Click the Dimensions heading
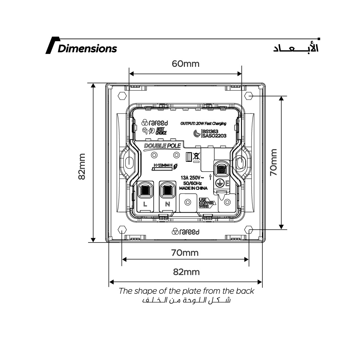pos(87,48)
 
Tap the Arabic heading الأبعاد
pos(296,49)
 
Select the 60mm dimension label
pos(186,64)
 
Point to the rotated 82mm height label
pos(82,166)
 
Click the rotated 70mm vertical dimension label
pos(274,163)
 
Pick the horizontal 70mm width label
pos(185,252)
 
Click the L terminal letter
pos(145,204)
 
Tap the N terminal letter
pos(167,204)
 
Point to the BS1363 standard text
pos(210,131)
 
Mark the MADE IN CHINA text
pos(193,188)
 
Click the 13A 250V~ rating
pos(193,177)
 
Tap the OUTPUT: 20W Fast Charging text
pos(203,124)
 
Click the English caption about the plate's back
pos(186,291)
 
